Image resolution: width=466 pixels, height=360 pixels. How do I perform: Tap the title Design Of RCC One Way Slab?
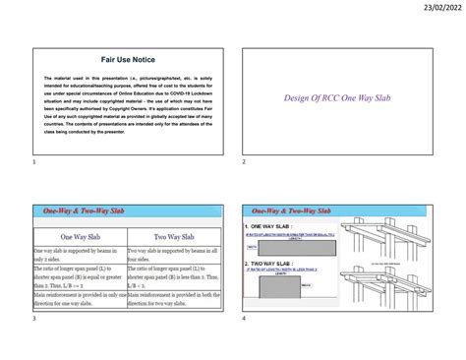click(337, 97)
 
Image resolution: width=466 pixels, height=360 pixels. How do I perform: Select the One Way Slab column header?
click(79, 237)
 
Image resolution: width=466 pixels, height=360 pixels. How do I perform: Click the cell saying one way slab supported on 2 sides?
click(79, 256)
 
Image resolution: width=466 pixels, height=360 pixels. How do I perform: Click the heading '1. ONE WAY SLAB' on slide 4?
click(272, 226)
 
